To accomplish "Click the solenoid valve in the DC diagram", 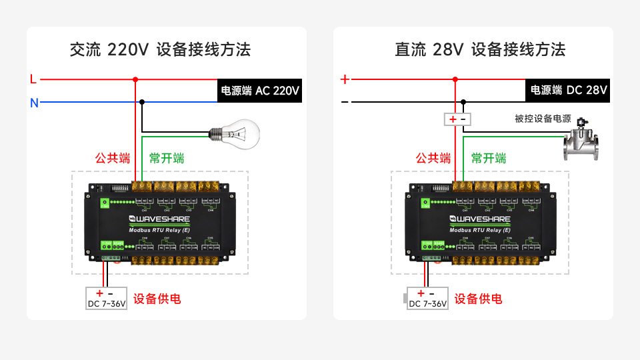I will [x=582, y=140].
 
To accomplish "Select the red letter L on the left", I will [x=33, y=79].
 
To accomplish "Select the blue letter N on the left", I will [x=34, y=103].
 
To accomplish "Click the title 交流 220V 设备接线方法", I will [x=160, y=49].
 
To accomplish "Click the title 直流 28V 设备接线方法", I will [x=480, y=49].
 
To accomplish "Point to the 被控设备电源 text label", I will [x=543, y=119].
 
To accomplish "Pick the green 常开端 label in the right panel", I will [x=489, y=158].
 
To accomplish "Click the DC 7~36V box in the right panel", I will [x=427, y=298].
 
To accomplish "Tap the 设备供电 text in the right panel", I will [x=479, y=299].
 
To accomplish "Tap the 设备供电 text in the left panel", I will [x=157, y=299].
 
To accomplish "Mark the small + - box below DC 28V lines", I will [x=458, y=119].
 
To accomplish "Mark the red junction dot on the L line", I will [x=135, y=79].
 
